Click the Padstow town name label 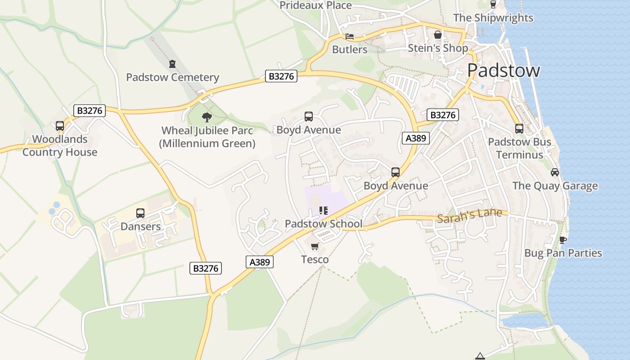tap(503, 71)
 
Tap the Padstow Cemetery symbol tap(172, 64)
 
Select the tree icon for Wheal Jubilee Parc tap(207, 118)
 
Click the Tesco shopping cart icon tap(315, 246)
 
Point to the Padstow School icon tap(323, 211)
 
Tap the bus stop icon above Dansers tap(140, 213)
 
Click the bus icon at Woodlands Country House tap(60, 126)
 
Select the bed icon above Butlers tap(350, 36)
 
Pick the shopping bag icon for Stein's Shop tap(438, 35)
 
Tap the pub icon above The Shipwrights tap(493, 4)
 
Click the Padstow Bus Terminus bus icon tap(519, 129)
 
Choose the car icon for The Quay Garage tap(555, 172)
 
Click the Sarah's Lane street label tap(469, 216)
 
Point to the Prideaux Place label tap(315, 5)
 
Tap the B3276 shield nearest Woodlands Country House tap(90, 111)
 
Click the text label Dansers tap(140, 226)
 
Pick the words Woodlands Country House tap(60, 146)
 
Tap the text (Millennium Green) tap(207, 144)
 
